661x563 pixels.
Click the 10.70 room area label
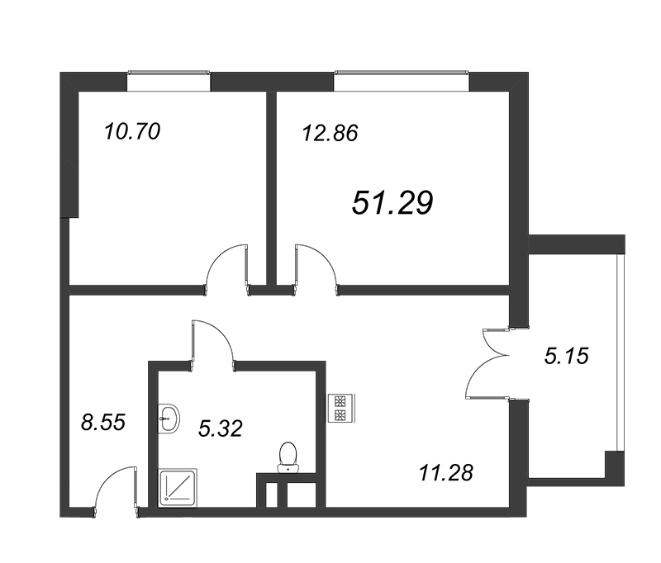pyautogui.click(x=132, y=131)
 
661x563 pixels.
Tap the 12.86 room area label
pyautogui.click(x=330, y=133)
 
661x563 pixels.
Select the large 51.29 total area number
pyautogui.click(x=392, y=202)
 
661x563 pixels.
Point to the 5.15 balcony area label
pyautogui.click(x=566, y=356)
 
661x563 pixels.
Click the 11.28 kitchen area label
pyautogui.click(x=446, y=472)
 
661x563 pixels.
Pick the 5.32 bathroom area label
pyautogui.click(x=220, y=428)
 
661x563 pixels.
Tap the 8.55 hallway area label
pyautogui.click(x=103, y=423)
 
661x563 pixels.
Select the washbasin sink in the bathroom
pyautogui.click(x=169, y=419)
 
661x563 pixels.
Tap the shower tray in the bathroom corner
pyautogui.click(x=178, y=488)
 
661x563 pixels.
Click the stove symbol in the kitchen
pyautogui.click(x=341, y=408)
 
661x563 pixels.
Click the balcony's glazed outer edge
pyautogui.click(x=620, y=352)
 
